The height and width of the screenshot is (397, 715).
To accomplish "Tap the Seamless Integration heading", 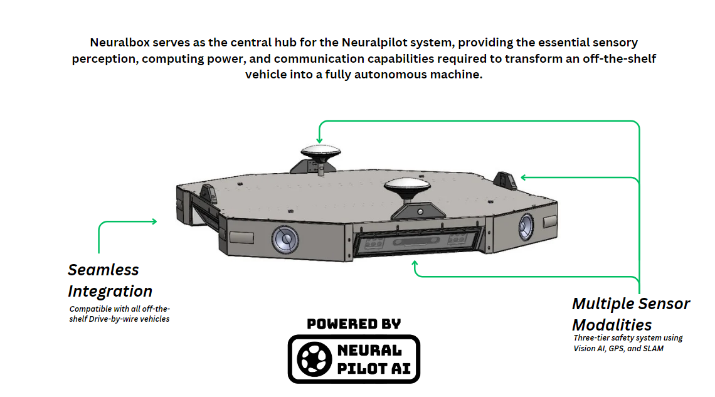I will click(x=110, y=280).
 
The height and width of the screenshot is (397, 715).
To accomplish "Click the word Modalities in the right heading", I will click(x=612, y=325).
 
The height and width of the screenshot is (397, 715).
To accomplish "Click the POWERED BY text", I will click(x=353, y=324).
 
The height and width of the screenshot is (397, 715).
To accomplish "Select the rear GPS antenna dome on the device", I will click(x=320, y=151).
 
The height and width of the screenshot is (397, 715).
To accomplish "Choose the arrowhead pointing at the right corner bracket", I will click(x=524, y=177).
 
